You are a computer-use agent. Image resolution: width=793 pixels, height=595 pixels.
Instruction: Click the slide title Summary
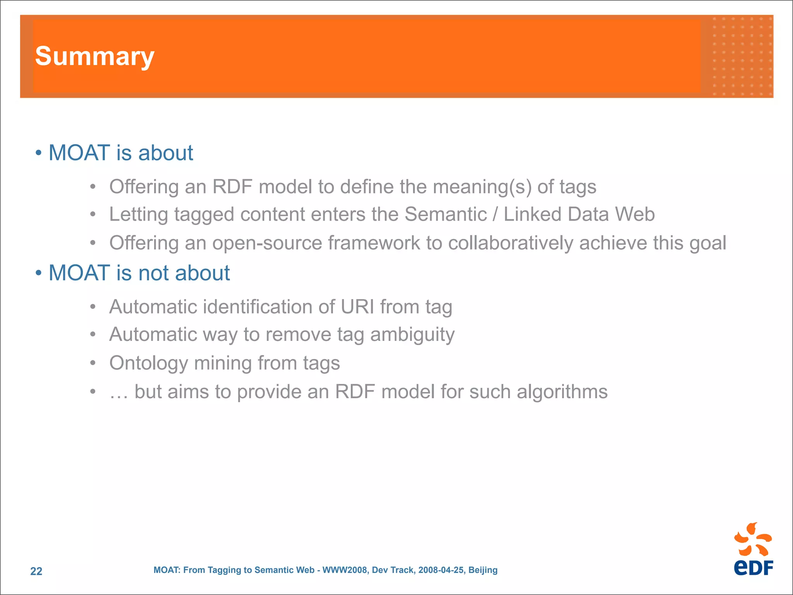coord(94,57)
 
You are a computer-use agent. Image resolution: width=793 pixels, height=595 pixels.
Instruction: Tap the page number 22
coord(36,571)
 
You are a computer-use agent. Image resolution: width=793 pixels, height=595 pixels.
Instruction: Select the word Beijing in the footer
coord(483,570)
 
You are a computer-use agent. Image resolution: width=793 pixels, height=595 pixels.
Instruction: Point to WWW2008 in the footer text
coord(345,570)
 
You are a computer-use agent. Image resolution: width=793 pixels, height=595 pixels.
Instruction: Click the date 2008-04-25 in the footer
coord(441,570)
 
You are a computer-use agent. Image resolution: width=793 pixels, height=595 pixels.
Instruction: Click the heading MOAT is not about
coord(139,273)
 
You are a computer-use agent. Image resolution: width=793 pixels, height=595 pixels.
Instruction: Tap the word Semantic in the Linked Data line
coord(445,214)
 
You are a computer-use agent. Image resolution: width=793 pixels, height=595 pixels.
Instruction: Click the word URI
coord(357,307)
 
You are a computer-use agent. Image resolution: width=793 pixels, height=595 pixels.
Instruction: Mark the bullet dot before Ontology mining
coord(93,363)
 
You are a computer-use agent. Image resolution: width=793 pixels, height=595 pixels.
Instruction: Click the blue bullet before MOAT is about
coord(38,153)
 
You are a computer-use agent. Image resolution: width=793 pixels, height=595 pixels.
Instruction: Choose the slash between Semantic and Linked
coord(495,214)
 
